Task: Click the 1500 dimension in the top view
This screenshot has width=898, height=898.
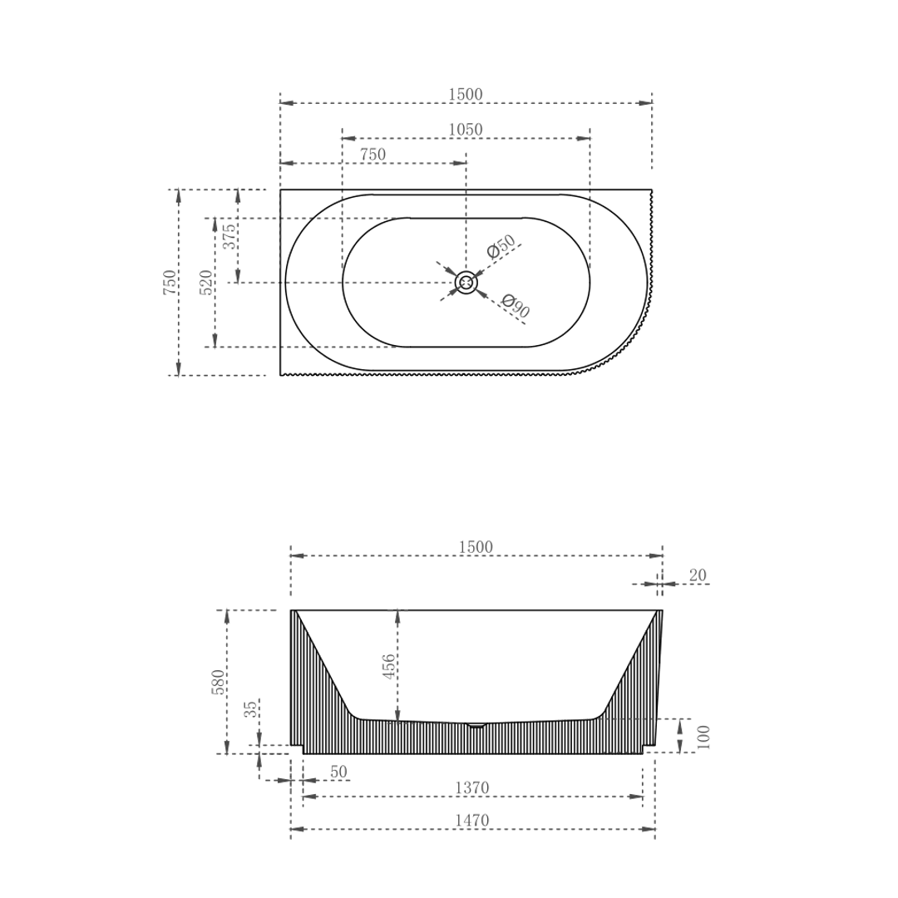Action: coord(466,95)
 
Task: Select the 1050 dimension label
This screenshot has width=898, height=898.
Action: coord(466,130)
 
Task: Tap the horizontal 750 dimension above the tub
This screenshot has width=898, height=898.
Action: coord(373,155)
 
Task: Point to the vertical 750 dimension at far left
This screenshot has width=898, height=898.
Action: coord(170,283)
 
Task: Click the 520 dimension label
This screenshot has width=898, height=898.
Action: coord(206,283)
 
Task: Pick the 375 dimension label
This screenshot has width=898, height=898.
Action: coord(229,237)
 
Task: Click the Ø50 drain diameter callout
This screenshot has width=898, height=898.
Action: coord(501,246)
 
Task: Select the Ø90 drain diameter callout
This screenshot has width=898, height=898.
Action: coord(516,307)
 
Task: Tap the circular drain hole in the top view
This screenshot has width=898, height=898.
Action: coord(466,283)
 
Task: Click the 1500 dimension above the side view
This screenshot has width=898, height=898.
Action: coord(476,547)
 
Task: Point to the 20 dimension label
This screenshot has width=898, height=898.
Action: coord(698,575)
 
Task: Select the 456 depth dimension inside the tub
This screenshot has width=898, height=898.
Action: coord(388,667)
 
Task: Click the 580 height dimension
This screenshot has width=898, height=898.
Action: coord(218,682)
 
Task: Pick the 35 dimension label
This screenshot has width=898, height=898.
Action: coord(250,709)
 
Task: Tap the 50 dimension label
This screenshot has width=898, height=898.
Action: coord(338,772)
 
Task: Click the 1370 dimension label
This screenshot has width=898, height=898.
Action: coord(471,787)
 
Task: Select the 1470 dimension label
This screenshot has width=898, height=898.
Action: coord(471,821)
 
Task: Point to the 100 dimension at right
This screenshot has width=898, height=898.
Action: coord(703,737)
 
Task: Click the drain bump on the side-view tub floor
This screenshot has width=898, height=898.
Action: coord(476,725)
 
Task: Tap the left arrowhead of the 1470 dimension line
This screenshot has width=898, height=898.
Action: coord(297,829)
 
